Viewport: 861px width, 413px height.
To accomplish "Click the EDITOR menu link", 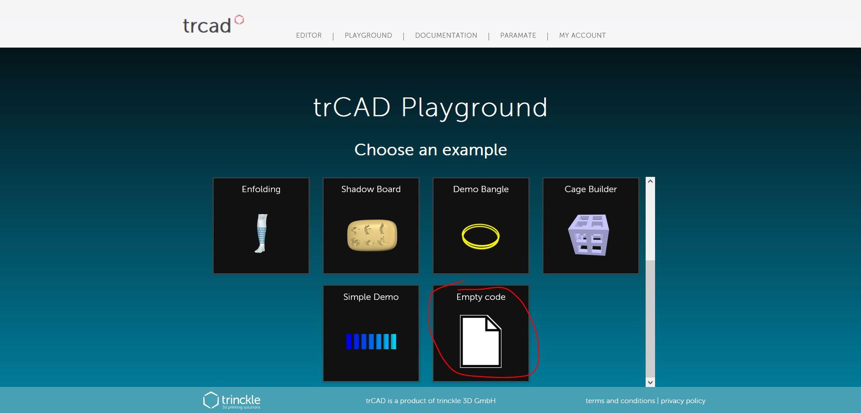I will tap(309, 35).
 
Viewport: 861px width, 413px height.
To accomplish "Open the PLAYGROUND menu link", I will tap(368, 35).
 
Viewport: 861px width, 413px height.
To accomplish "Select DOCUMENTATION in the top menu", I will tap(446, 35).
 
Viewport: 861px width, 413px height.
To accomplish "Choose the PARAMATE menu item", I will tap(518, 35).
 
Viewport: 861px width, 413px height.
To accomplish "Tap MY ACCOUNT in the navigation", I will tap(582, 35).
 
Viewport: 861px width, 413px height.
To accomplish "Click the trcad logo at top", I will tap(207, 26).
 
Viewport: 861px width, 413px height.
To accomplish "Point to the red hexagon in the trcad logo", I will tap(240, 20).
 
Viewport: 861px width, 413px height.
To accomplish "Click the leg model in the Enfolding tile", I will tap(261, 233).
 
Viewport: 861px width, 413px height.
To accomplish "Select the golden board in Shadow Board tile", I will tap(372, 235).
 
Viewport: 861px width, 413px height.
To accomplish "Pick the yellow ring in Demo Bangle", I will tap(481, 236).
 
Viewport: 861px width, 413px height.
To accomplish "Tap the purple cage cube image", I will tap(589, 235).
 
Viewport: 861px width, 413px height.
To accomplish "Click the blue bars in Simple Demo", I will tap(371, 342).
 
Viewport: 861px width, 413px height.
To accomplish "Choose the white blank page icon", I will tap(480, 342).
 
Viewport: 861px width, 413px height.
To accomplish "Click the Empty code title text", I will tap(481, 297).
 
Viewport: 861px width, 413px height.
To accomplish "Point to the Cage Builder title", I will tap(590, 189).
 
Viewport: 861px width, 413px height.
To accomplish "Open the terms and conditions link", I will tap(620, 400).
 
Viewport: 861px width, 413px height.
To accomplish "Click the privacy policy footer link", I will tap(683, 400).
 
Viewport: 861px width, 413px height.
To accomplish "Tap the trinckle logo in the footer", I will tap(232, 400).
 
